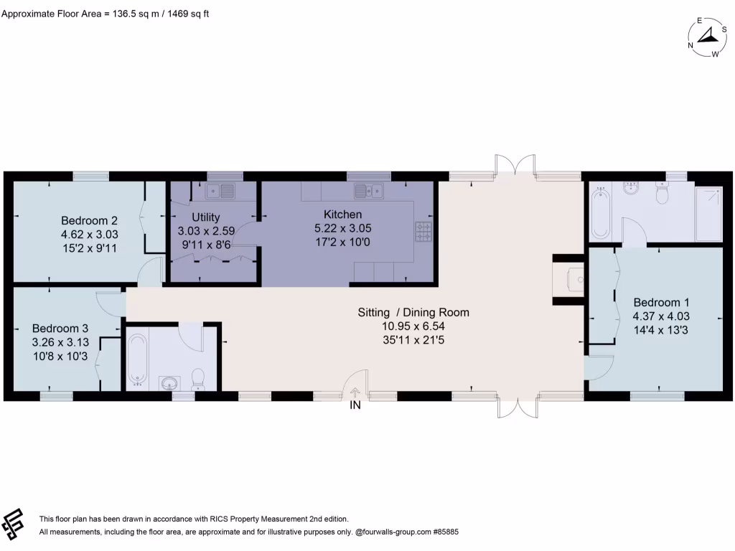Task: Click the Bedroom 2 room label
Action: [89, 220]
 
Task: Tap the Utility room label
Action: [206, 217]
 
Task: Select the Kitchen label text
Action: [342, 214]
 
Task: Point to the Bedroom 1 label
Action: [660, 302]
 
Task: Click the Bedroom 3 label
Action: [60, 328]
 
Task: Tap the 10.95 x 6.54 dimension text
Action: [413, 326]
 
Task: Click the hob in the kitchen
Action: [423, 232]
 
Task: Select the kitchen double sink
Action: [369, 191]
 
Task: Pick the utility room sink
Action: [220, 191]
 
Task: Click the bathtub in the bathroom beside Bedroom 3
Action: [138, 359]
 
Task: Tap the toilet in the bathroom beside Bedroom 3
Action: [198, 379]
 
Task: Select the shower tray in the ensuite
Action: [708, 214]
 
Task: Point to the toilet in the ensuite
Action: [661, 192]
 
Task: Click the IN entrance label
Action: [355, 405]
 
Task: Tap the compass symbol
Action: [707, 37]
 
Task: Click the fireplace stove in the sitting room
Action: [575, 280]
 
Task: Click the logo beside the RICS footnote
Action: [13, 524]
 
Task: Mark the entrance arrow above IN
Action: [355, 392]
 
